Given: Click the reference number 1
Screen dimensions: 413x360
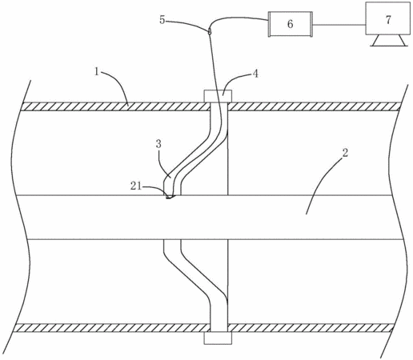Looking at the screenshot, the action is tap(97, 72).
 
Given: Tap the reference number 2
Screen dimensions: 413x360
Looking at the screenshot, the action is tap(345, 153).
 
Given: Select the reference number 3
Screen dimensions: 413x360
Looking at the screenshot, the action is tap(158, 145).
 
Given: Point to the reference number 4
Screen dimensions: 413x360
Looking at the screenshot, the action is tap(255, 74).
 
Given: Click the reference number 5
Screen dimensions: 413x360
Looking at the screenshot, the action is tap(162, 20).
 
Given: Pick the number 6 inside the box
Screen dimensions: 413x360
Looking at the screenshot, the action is tap(291, 24).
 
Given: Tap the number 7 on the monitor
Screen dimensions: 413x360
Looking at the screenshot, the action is tap(388, 20).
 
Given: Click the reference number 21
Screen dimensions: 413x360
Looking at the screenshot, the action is tap(135, 186).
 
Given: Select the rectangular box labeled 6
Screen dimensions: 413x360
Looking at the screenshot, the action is tap(291, 24).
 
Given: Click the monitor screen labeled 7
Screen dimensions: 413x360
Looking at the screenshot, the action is tap(387, 18).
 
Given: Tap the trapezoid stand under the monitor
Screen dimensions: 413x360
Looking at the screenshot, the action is tap(388, 41).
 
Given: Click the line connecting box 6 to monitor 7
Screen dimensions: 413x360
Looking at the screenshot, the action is tap(339, 25).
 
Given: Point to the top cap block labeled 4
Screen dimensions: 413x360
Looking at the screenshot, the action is tap(218, 96).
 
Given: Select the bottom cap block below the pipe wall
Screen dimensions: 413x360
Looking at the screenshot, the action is tap(218, 338).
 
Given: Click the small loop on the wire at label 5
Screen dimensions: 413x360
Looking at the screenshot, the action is tap(210, 31).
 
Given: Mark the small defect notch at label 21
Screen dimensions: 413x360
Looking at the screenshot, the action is tap(170, 197).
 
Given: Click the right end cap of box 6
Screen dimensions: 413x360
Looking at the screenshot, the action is tap(311, 24).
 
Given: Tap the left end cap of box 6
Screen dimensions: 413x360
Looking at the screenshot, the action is tap(270, 24).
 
